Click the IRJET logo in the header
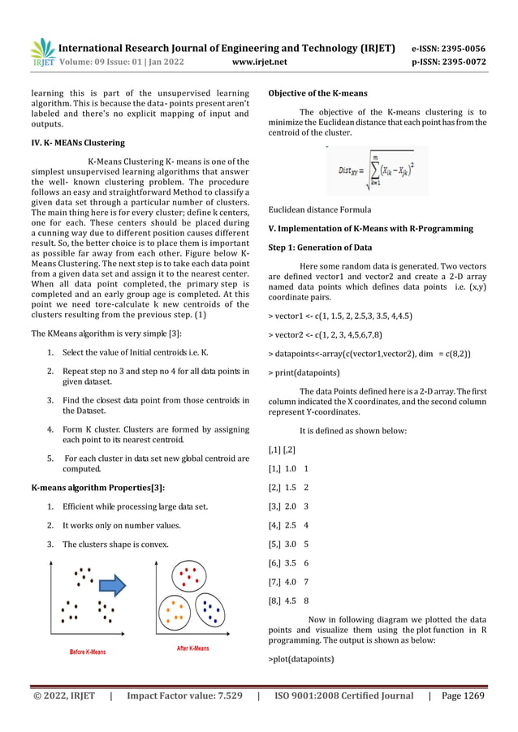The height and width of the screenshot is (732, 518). (x=42, y=52)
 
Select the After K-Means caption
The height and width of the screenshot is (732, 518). (x=192, y=648)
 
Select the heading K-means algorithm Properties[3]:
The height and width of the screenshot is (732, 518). (x=98, y=487)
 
